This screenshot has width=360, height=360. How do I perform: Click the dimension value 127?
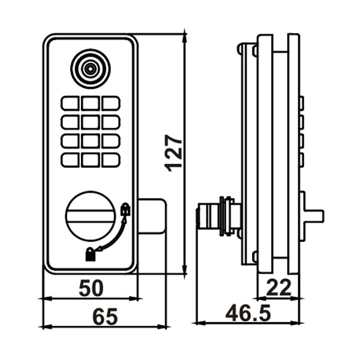(174, 154)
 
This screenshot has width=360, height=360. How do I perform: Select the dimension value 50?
(91, 288)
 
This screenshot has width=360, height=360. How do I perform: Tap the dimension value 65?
(104, 317)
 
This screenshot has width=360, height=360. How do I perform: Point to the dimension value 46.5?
(248, 313)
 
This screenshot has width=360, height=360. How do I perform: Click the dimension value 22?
(279, 288)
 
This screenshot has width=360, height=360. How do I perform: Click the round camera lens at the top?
(90, 68)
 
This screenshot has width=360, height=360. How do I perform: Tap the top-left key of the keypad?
(70, 103)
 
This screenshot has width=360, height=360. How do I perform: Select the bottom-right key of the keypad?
(110, 160)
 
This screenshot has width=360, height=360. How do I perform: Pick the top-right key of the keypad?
(110, 103)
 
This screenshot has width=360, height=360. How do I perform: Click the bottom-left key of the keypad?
(70, 160)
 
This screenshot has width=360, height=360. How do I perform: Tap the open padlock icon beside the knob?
(125, 210)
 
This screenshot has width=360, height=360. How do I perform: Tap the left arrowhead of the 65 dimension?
(43, 327)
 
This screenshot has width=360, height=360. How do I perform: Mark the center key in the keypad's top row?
(90, 103)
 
